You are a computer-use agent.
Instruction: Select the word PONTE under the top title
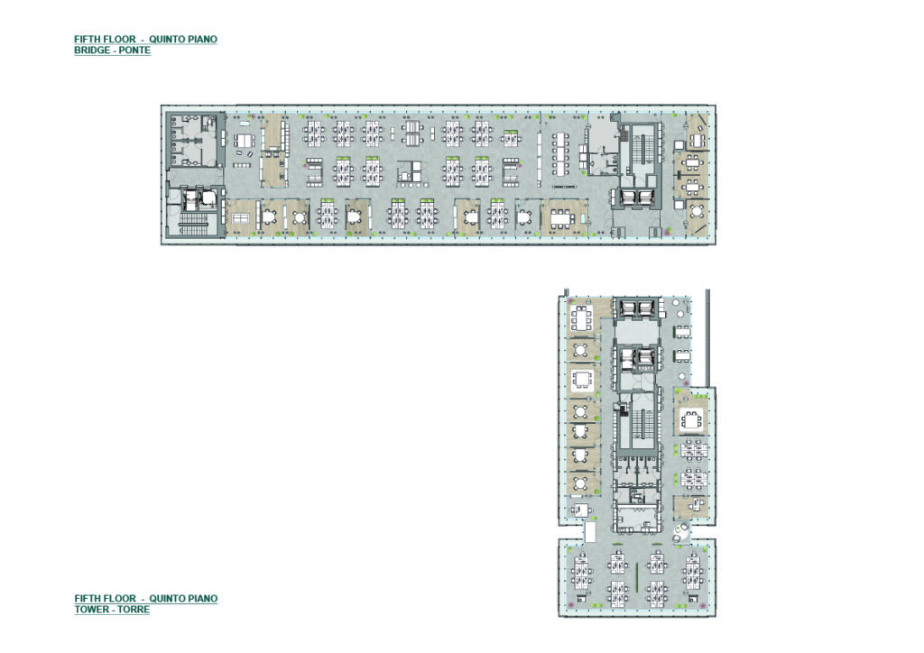pyautogui.click(x=134, y=51)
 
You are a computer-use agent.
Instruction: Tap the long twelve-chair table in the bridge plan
pyautogui.click(x=560, y=153)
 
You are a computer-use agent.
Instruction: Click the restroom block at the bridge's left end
pyautogui.click(x=193, y=140)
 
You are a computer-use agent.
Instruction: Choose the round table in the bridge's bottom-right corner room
pyautogui.click(x=698, y=211)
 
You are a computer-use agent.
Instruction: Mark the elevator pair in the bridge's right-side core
pyautogui.click(x=638, y=198)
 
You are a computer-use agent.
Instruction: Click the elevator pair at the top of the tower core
pyautogui.click(x=636, y=308)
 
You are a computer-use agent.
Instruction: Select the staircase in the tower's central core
pyautogui.click(x=642, y=424)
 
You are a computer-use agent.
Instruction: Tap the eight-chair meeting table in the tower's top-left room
pyautogui.click(x=582, y=318)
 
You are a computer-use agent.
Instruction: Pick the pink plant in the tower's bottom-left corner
pyautogui.click(x=570, y=604)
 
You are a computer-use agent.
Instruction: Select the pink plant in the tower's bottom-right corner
pyautogui.click(x=704, y=606)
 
